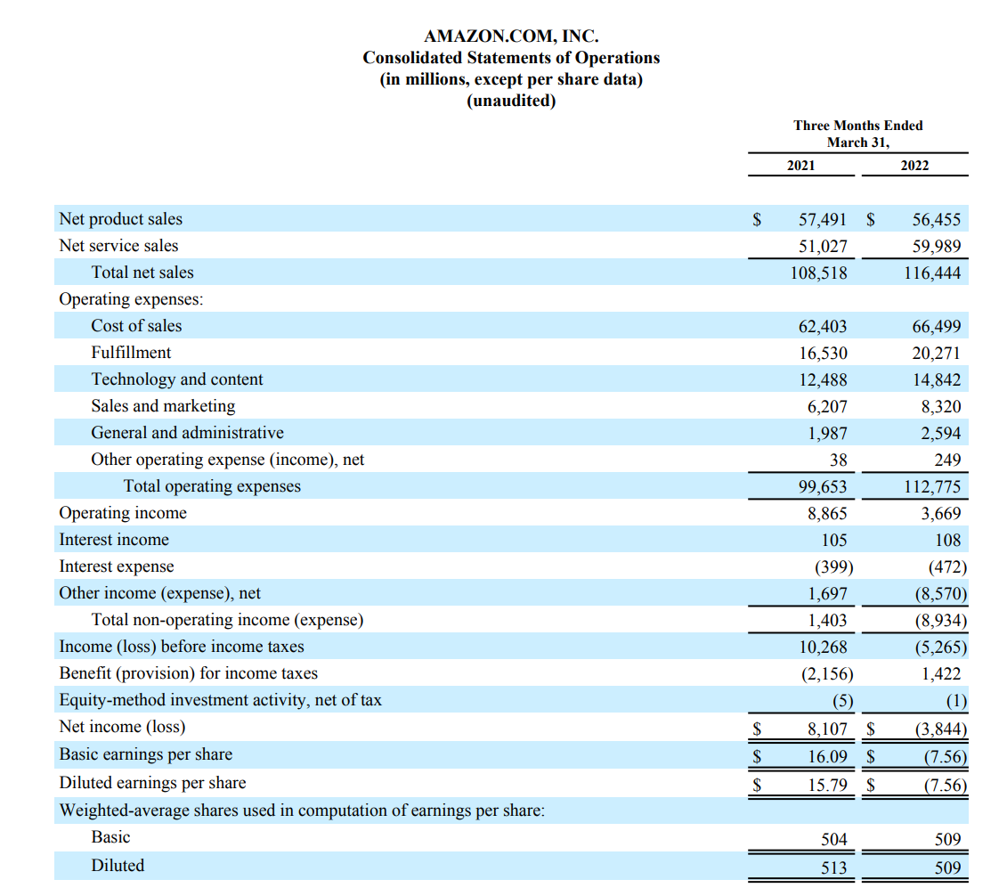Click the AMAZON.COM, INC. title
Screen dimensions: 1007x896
coord(511,36)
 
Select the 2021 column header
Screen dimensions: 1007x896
coord(800,166)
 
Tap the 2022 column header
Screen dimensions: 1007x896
coord(914,166)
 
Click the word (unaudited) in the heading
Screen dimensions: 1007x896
coord(511,101)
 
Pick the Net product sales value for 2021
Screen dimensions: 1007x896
coord(823,220)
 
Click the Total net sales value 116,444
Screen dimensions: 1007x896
coord(932,273)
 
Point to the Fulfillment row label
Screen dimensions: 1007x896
coord(131,353)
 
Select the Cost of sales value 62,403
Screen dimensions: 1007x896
coord(823,326)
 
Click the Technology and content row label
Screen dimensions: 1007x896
coord(177,379)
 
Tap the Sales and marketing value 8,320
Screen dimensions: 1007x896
coord(941,406)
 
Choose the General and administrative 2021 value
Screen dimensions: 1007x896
coord(827,434)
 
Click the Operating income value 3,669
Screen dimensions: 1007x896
coord(941,513)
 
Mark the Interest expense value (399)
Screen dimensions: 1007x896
coord(834,567)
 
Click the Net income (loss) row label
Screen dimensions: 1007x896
coord(122,727)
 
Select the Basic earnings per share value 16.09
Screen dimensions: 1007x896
coord(828,757)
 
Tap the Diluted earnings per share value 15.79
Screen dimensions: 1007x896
coord(828,785)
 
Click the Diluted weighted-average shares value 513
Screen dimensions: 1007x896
coord(834,867)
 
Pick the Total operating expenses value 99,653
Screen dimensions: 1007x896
coord(823,487)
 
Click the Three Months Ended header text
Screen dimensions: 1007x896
coord(858,126)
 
